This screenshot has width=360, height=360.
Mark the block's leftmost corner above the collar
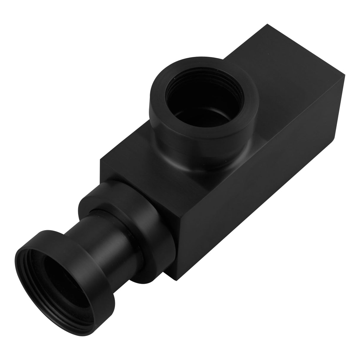pyautogui.click(x=100, y=160)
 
